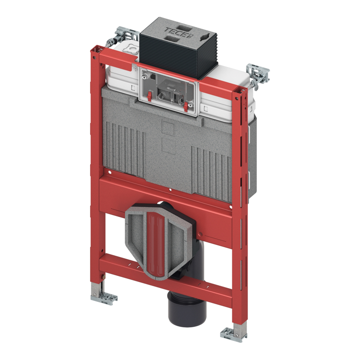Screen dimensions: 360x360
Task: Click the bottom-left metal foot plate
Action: [104, 298]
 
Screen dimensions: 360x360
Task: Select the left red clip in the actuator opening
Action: [149, 96]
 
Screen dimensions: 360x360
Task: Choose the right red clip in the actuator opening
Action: [186, 107]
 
